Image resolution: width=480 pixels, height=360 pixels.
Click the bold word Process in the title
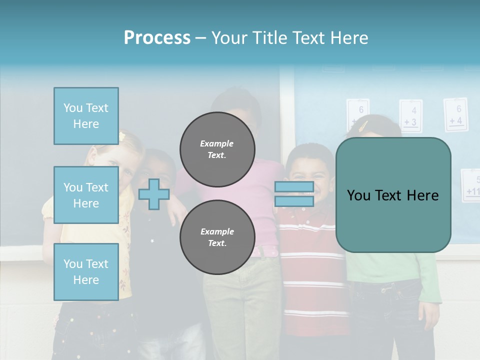pyautogui.click(x=157, y=38)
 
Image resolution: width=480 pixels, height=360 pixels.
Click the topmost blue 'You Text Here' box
pyautogui.click(x=86, y=116)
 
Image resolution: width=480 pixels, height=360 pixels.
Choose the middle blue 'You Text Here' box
pyautogui.click(x=86, y=195)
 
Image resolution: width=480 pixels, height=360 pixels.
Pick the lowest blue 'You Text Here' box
pyautogui.click(x=86, y=271)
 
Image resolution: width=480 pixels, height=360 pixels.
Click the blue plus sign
pyautogui.click(x=153, y=194)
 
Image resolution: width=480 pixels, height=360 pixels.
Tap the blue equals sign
pyautogui.click(x=294, y=194)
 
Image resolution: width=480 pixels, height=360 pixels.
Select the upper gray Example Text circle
pyautogui.click(x=217, y=149)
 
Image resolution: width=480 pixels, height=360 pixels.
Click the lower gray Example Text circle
pyautogui.click(x=217, y=237)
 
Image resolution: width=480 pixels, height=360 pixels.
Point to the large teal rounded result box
pyautogui.click(x=393, y=195)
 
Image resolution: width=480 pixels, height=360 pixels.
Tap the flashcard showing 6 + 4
pyautogui.click(x=455, y=114)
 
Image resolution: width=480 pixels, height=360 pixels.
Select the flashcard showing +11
pyautogui.click(x=471, y=185)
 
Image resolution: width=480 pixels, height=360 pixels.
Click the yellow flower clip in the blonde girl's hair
pyautogui.click(x=121, y=136)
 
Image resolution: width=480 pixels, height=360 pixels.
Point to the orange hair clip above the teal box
pyautogui.click(x=364, y=125)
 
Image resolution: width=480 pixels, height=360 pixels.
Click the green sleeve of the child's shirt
pyautogui.click(x=429, y=280)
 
